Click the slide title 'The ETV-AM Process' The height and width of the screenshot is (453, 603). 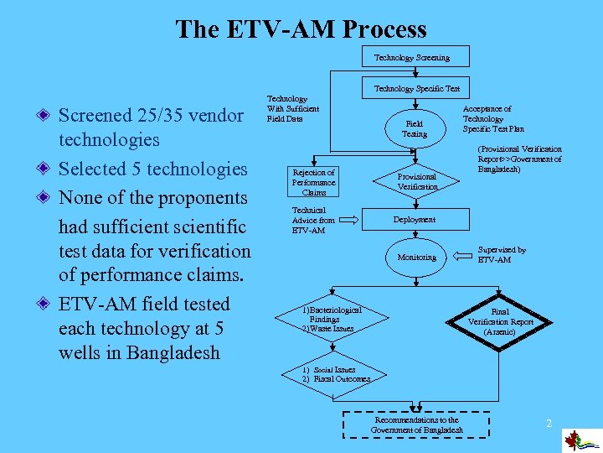tap(301, 30)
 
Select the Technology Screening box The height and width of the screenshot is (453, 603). tap(411, 58)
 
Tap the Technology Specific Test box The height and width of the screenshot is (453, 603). tap(416, 88)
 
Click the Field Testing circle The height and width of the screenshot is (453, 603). tap(414, 128)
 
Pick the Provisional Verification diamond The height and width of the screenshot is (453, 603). tap(416, 181)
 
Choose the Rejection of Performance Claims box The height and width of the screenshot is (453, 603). tap(313, 182)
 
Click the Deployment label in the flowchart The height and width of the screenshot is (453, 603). tap(415, 220)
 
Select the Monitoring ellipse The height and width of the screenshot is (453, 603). tap(416, 257)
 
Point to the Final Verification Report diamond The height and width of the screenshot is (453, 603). tap(500, 321)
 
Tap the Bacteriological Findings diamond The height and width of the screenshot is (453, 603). tap(333, 319)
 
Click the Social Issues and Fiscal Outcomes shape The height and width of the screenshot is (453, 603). tap(335, 375)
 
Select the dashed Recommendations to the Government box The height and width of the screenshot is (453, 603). tap(416, 424)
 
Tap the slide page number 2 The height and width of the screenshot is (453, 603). tap(549, 424)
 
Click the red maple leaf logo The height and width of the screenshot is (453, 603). tap(574, 440)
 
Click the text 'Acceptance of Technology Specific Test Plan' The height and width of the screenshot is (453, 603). tap(493, 119)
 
